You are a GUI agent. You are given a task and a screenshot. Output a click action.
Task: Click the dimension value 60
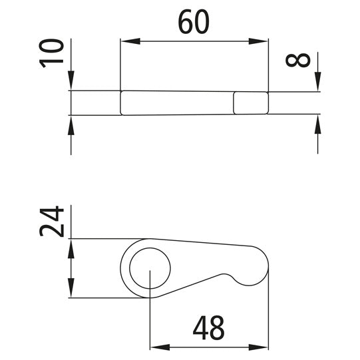[x=194, y=23]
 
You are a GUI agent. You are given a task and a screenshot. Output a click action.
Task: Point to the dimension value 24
[x=52, y=222]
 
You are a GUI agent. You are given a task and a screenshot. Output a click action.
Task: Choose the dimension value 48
[x=208, y=328]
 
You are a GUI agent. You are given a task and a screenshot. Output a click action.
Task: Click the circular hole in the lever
[x=150, y=271]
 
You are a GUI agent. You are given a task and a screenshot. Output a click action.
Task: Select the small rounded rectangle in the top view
[x=251, y=102]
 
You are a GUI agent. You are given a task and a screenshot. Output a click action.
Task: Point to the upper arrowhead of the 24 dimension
[x=71, y=245]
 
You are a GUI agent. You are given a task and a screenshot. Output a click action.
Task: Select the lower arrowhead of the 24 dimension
[x=71, y=291]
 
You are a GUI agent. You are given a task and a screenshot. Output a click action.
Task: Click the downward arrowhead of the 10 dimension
[x=71, y=83]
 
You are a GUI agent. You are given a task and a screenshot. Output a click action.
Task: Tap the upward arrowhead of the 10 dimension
[x=71, y=123]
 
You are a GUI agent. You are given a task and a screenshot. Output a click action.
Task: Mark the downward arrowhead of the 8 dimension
[x=318, y=85]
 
